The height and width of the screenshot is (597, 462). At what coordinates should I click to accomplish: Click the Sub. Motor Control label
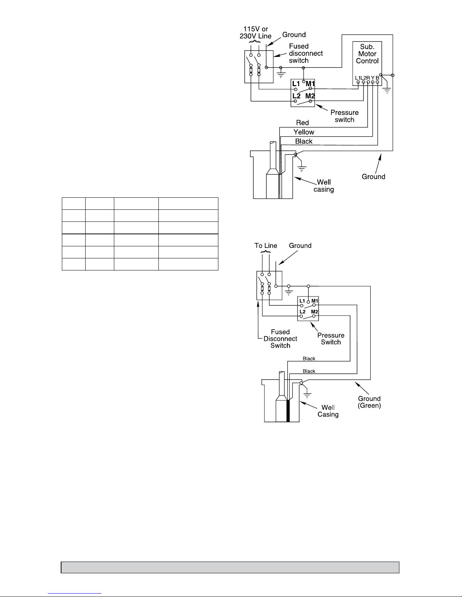pyautogui.click(x=367, y=54)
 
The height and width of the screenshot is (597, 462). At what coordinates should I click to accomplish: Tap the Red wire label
pyautogui.click(x=302, y=122)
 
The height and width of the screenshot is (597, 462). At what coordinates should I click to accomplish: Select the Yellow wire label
pyautogui.click(x=304, y=132)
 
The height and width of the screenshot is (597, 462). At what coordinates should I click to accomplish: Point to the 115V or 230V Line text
pyautogui.click(x=255, y=32)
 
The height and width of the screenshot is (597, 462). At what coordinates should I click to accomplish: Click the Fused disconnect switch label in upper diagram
pyautogui.click(x=306, y=53)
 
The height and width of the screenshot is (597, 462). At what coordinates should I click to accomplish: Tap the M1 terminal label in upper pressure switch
pyautogui.click(x=310, y=84)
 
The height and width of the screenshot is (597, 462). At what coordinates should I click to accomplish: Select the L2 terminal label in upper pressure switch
pyautogui.click(x=296, y=96)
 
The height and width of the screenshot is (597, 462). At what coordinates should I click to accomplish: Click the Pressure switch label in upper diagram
pyautogui.click(x=345, y=116)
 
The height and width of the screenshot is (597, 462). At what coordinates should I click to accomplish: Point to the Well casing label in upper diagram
pyautogui.click(x=324, y=186)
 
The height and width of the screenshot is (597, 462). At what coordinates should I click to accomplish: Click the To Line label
pyautogui.click(x=266, y=245)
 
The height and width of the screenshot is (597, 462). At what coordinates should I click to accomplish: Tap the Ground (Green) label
pyautogui.click(x=369, y=402)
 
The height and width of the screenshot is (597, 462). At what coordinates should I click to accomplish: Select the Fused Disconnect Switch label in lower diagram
pyautogui.click(x=280, y=339)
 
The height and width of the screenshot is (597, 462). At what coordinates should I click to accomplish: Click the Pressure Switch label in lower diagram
pyautogui.click(x=331, y=339)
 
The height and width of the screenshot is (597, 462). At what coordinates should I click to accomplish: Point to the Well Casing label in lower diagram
pyautogui.click(x=328, y=411)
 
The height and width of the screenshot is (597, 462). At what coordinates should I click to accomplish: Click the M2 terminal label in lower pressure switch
pyautogui.click(x=314, y=311)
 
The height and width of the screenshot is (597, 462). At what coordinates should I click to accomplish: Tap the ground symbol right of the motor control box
pyautogui.click(x=387, y=91)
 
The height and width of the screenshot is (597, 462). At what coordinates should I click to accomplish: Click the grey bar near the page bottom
pyautogui.click(x=230, y=567)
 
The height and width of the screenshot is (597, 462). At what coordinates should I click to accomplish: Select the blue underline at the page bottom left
pyautogui.click(x=75, y=594)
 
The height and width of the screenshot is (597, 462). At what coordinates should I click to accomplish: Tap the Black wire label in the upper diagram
pyautogui.click(x=304, y=141)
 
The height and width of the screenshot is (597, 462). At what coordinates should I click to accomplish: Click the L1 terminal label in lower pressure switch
pyautogui.click(x=302, y=301)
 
